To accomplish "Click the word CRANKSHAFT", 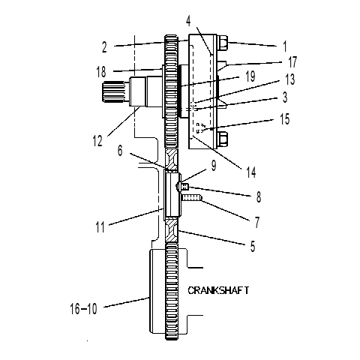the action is click(218, 290).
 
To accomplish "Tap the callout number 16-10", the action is click(83, 309).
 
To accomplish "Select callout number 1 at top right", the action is click(284, 46).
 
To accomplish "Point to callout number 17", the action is click(292, 62).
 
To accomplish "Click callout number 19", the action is click(250, 76).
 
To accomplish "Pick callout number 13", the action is click(290, 79).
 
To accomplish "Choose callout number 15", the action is click(284, 119).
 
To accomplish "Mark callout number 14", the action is click(251, 172).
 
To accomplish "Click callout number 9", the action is click(214, 166).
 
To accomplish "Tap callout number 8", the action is click(259, 197).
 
